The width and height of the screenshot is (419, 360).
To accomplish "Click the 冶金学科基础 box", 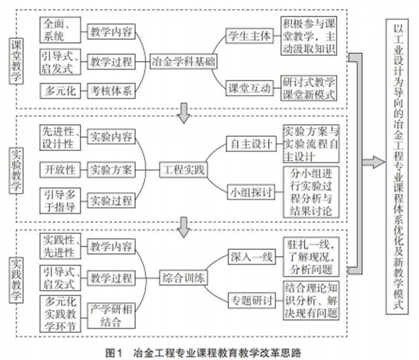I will tap(183, 62).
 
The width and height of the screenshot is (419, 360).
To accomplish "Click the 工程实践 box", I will tap(183, 170).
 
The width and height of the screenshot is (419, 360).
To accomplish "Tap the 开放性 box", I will tap(59, 170).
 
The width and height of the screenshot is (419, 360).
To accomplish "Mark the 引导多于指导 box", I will tap(59, 200).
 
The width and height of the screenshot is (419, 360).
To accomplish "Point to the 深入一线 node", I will tap(250, 257).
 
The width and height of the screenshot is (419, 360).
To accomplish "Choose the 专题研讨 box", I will tap(250, 301).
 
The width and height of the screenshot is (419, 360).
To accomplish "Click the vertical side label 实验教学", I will tap(16, 170).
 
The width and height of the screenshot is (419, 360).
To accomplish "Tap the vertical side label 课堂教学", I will tap(16, 63).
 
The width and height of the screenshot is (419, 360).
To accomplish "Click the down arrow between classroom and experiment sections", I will tap(183, 113).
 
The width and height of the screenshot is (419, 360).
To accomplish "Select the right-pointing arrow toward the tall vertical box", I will tap(373, 162).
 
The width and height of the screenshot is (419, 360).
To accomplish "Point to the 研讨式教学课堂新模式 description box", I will tap(309, 88).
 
